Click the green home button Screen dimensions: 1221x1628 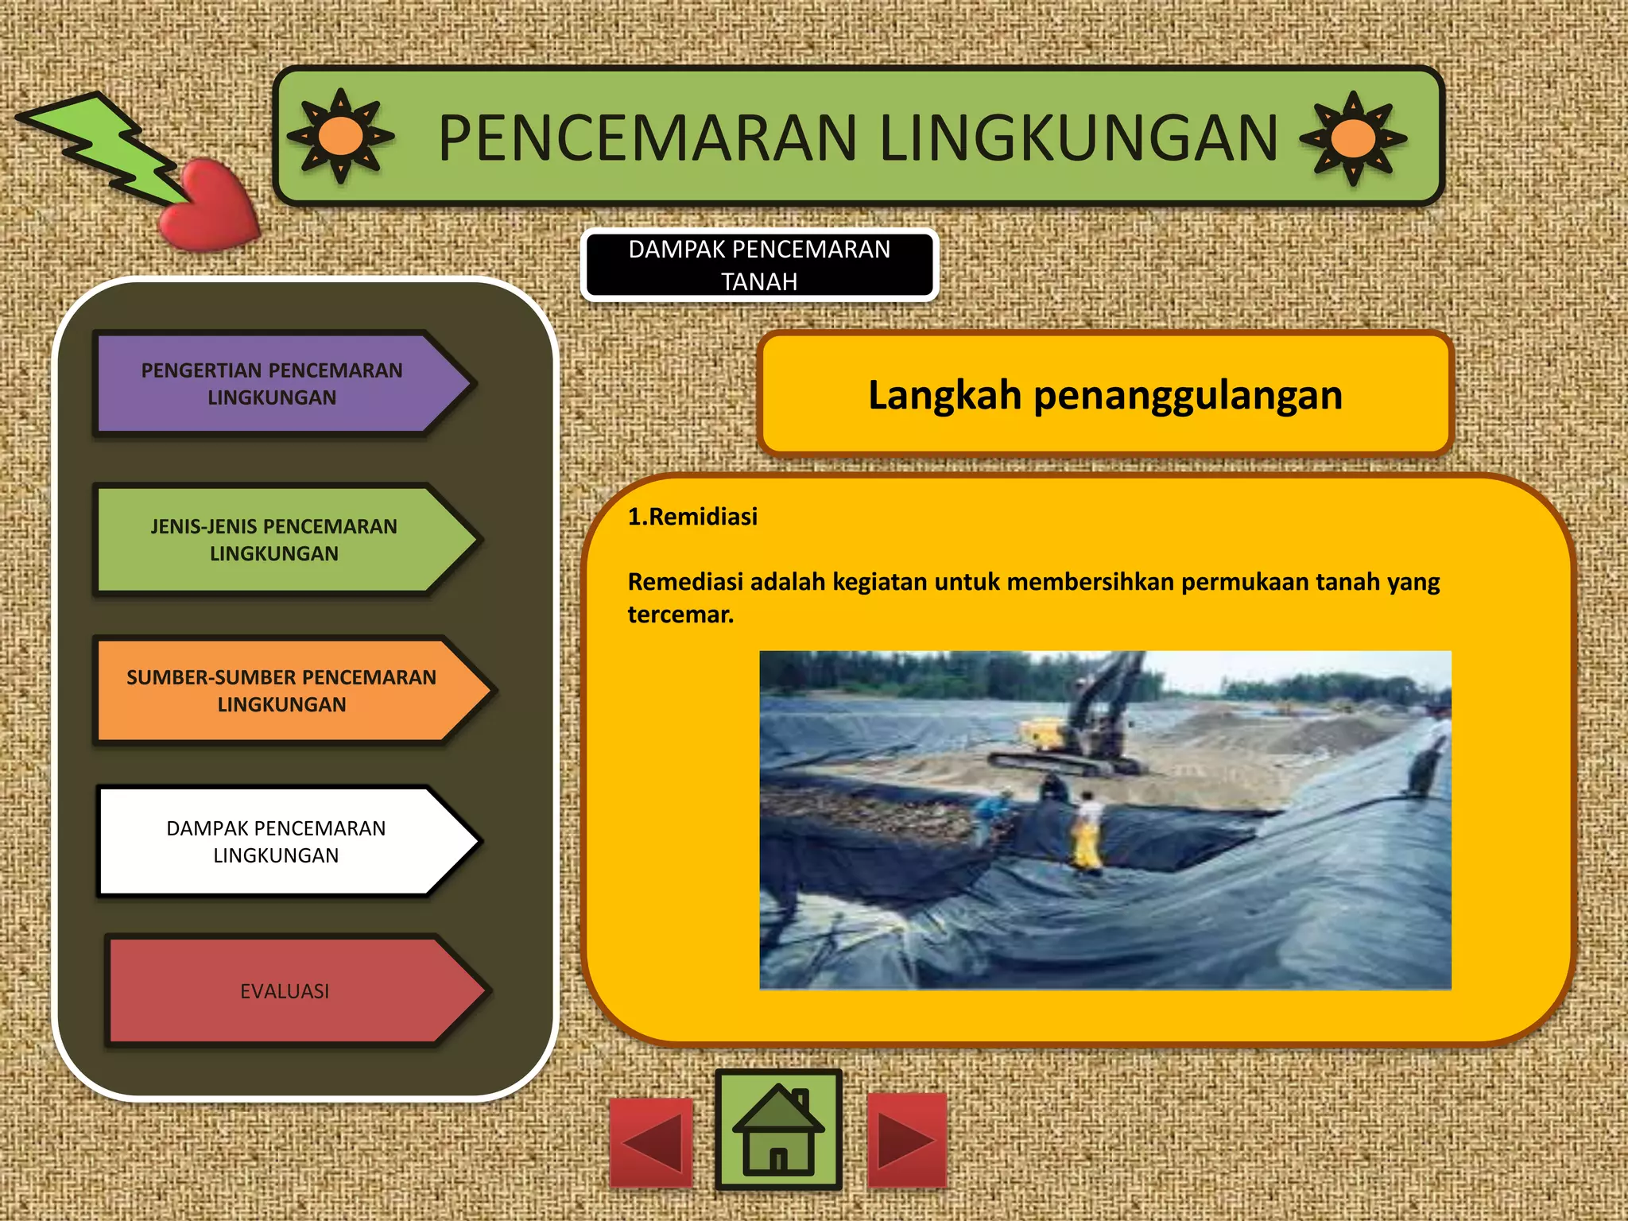[778, 1130]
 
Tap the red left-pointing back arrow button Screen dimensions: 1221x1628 [652, 1143]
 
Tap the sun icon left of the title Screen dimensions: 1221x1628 [340, 136]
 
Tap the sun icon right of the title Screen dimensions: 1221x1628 [1353, 138]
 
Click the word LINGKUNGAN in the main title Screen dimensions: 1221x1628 [1079, 138]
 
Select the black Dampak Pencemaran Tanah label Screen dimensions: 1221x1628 [759, 265]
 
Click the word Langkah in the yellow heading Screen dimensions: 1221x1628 [944, 395]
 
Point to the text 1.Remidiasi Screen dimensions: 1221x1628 [692, 517]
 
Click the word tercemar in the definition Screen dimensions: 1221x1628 [680, 614]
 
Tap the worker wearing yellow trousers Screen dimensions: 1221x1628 [1087, 831]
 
